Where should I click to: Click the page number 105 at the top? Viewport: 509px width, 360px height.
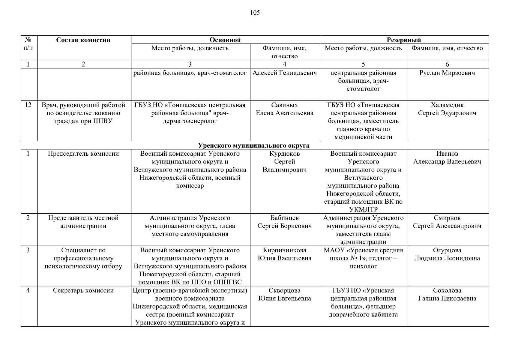click(x=255, y=13)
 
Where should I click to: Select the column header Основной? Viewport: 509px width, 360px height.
click(x=225, y=40)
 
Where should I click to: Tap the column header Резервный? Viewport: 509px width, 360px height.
click(x=404, y=40)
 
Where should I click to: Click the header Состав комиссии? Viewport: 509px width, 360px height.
click(x=83, y=40)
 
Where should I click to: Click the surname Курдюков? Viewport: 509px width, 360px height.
click(x=284, y=154)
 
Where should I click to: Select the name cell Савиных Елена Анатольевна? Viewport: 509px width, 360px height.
click(x=284, y=109)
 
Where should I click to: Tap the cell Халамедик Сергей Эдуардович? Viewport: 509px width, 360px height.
click(x=447, y=109)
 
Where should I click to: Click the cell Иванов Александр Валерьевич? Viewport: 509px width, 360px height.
click(x=447, y=158)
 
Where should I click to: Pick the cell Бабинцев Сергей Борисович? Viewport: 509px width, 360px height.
click(x=284, y=222)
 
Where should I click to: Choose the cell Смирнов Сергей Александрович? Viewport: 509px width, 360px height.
click(x=447, y=222)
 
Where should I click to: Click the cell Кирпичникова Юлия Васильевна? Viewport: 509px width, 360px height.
click(x=284, y=254)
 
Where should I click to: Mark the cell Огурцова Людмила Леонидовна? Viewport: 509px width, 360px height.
click(x=447, y=254)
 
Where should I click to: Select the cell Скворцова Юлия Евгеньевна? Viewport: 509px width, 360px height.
click(x=284, y=294)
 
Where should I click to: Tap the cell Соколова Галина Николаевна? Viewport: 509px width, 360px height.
click(x=447, y=294)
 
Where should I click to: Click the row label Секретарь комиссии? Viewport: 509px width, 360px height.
click(x=83, y=290)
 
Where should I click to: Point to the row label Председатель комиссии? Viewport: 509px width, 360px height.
click(x=83, y=154)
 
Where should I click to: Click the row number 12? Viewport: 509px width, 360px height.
click(x=28, y=105)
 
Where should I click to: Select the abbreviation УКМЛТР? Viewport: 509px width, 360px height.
click(x=363, y=209)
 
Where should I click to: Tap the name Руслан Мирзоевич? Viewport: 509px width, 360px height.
click(x=447, y=73)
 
